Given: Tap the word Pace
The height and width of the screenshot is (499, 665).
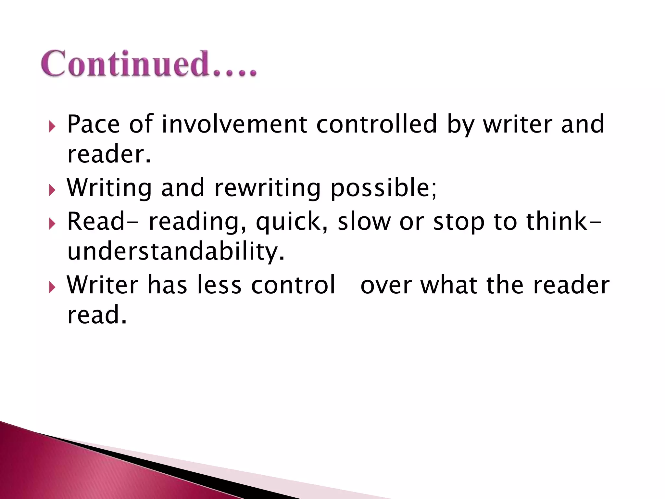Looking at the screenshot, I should click(x=93, y=124).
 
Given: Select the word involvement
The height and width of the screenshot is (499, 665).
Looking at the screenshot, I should click(x=234, y=124).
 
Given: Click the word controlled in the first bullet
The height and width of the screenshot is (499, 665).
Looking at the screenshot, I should click(x=376, y=124).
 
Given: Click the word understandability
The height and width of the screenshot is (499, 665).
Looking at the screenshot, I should click(x=175, y=252).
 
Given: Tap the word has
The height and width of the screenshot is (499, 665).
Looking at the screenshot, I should click(x=167, y=285).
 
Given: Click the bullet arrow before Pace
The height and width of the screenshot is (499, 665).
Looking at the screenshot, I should click(x=52, y=126).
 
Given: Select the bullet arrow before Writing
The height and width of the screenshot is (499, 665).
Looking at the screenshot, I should click(x=52, y=190).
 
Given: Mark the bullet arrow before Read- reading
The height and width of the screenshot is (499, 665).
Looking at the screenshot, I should click(x=52, y=224).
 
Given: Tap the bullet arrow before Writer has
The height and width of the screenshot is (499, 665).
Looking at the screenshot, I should click(x=52, y=287).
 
